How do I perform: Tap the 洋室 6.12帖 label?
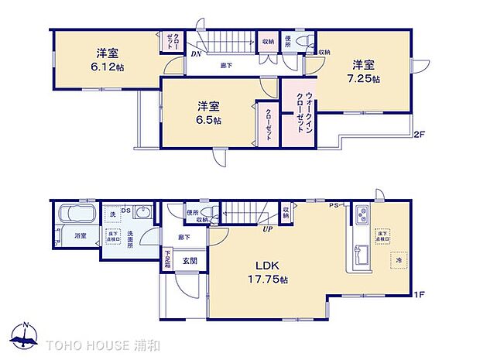108,60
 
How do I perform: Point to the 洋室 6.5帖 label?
208,113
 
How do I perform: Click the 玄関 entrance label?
189,261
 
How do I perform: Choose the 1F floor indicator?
419,294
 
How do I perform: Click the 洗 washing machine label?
111,214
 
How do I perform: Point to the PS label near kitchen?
334,205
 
